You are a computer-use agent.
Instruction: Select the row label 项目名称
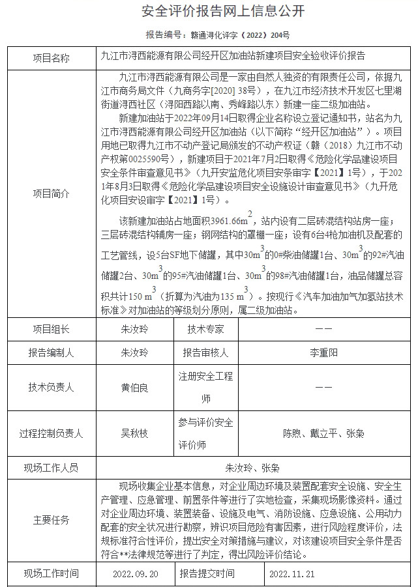coord(51,57)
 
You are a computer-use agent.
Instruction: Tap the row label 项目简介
coord(51,193)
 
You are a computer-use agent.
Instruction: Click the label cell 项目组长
coord(51,330)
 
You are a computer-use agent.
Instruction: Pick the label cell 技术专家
coord(205,330)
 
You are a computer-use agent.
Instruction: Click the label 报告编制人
coord(51,353)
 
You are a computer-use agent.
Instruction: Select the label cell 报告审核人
coord(205,353)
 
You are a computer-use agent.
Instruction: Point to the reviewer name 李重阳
coord(323,353)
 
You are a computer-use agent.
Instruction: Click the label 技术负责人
coord(51,387)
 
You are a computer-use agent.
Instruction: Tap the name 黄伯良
coord(134,387)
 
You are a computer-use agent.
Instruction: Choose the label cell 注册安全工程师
coord(205,387)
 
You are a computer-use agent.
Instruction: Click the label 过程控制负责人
coord(51,433)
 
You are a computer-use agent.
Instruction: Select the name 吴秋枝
coord(134,433)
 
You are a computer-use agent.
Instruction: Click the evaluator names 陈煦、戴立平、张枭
coord(323,433)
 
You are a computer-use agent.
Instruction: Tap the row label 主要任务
coord(51,521)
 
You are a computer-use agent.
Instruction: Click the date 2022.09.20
coord(134,575)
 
